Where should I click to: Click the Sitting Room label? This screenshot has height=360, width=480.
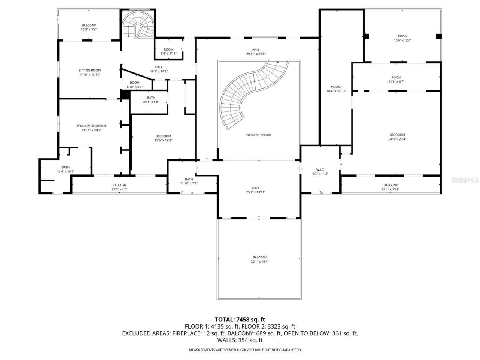click(x=90, y=70)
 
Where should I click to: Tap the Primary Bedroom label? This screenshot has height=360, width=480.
click(x=91, y=126)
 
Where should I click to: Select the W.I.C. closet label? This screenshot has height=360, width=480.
click(x=320, y=169)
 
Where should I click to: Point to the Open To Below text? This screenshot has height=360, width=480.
click(x=258, y=135)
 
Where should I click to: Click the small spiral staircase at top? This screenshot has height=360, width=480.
click(x=138, y=25)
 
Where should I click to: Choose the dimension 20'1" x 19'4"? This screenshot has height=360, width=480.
click(x=259, y=261)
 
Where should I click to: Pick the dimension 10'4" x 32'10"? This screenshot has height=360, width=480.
click(x=336, y=91)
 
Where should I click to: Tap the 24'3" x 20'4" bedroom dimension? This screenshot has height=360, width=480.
click(x=397, y=139)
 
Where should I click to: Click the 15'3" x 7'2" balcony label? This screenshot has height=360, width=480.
click(x=88, y=29)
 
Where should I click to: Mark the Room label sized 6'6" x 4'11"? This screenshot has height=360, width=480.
click(x=168, y=49)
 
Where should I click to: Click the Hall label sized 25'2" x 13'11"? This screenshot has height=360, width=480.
click(x=256, y=188)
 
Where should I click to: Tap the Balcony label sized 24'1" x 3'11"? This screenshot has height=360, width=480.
click(x=390, y=185)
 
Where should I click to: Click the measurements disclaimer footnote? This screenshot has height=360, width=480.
click(x=244, y=350)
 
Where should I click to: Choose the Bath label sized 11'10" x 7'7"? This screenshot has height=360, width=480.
click(x=189, y=179)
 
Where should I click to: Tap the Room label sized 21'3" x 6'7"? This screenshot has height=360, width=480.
click(x=396, y=78)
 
